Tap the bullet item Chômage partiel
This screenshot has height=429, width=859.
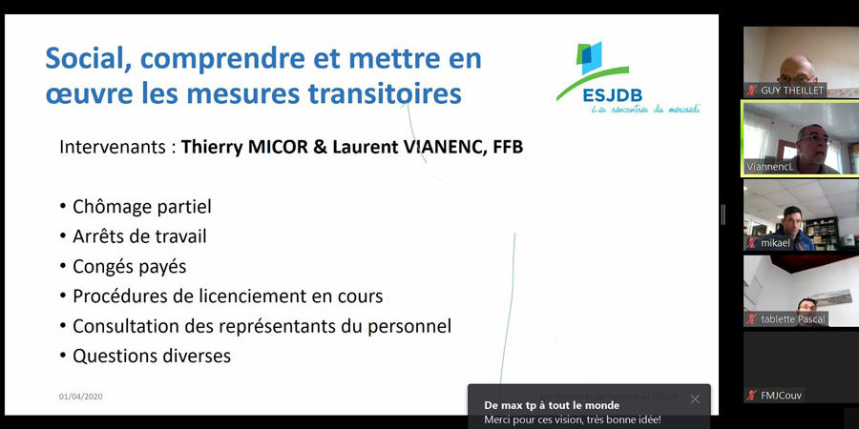click(x=141, y=207)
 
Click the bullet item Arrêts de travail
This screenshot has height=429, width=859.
click(x=139, y=236)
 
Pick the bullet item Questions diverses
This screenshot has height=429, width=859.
click(x=151, y=356)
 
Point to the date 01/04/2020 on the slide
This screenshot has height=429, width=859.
click(x=80, y=397)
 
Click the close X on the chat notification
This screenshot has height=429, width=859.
click(x=695, y=398)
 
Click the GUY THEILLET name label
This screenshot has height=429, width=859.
click(x=790, y=91)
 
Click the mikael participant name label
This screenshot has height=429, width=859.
click(x=775, y=242)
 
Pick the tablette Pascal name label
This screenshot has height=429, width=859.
click(x=792, y=318)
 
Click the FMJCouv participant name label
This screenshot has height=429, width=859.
click(x=781, y=395)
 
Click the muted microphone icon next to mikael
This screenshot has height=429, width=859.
click(x=752, y=242)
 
